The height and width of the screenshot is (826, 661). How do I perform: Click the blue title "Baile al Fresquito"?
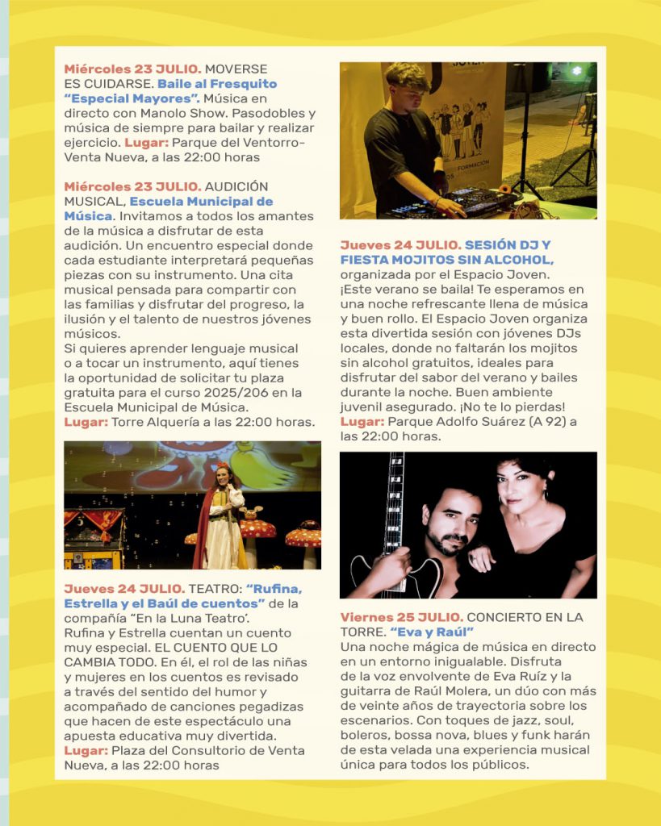(x=217, y=84)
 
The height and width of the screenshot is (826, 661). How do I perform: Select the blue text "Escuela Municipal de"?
(x=201, y=202)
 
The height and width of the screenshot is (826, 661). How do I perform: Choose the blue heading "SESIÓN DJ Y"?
(x=508, y=245)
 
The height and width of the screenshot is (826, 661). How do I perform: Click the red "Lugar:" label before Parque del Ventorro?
(x=144, y=143)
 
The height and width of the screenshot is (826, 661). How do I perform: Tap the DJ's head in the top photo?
(x=406, y=87)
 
